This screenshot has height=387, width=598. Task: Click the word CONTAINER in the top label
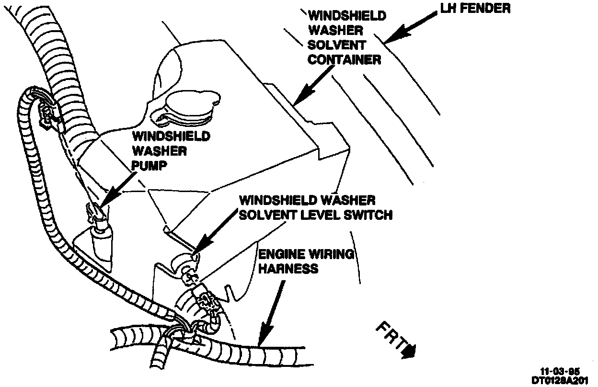click(344, 59)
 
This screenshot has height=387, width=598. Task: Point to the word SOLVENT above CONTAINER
click(337, 45)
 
